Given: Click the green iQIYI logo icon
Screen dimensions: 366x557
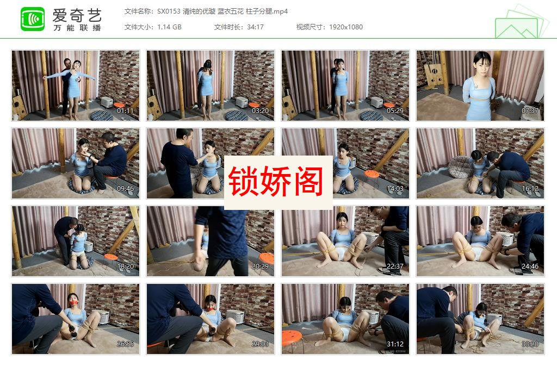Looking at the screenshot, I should pyautogui.click(x=33, y=19).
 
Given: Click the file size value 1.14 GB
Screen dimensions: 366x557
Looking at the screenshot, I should pyautogui.click(x=169, y=27).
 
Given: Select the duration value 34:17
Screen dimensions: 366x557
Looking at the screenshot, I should pyautogui.click(x=254, y=27).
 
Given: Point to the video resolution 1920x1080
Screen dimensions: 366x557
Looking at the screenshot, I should pyautogui.click(x=345, y=27).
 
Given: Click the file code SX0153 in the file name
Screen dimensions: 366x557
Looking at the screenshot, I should pyautogui.click(x=171, y=11).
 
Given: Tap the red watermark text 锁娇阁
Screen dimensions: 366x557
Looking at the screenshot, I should pyautogui.click(x=278, y=182).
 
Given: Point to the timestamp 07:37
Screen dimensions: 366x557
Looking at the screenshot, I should pyautogui.click(x=530, y=111).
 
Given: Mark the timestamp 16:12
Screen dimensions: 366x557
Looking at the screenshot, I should pyautogui.click(x=530, y=189).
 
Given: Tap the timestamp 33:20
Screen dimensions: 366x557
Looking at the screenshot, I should pyautogui.click(x=530, y=344).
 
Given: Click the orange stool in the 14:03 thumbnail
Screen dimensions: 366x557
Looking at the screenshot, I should pyautogui.click(x=372, y=174).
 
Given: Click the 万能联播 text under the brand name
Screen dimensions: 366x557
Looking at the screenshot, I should pyautogui.click(x=77, y=28).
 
